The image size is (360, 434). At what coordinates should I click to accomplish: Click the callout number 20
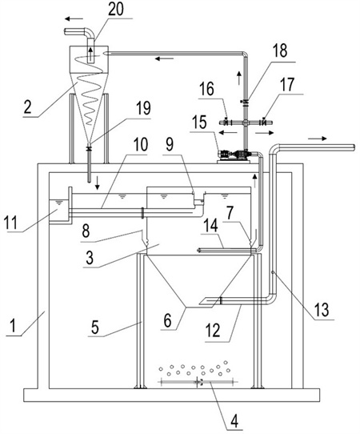tap(115, 10)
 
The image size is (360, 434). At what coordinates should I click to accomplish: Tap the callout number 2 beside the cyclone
tap(28, 107)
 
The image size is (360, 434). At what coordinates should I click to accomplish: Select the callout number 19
tap(143, 108)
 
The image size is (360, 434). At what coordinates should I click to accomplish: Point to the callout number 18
tap(279, 50)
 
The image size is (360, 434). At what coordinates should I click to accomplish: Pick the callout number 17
tap(287, 85)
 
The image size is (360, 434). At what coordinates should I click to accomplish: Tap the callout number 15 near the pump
tap(200, 123)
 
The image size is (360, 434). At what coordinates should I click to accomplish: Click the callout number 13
tap(322, 309)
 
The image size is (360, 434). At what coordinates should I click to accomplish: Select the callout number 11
tap(10, 223)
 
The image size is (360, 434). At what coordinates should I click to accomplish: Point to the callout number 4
tap(234, 422)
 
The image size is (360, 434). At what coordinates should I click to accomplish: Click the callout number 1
tap(14, 326)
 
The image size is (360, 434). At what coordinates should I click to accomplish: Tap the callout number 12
tap(213, 331)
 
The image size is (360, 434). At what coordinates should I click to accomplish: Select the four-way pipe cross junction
tap(246, 123)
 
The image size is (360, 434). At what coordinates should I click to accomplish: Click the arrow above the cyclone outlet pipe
tap(74, 19)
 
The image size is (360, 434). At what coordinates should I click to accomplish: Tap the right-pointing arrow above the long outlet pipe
tap(318, 139)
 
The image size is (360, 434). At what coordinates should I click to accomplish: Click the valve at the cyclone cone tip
tap(89, 149)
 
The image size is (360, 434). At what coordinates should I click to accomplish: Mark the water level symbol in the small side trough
tap(58, 203)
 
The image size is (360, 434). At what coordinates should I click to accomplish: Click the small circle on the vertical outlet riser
tap(273, 272)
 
